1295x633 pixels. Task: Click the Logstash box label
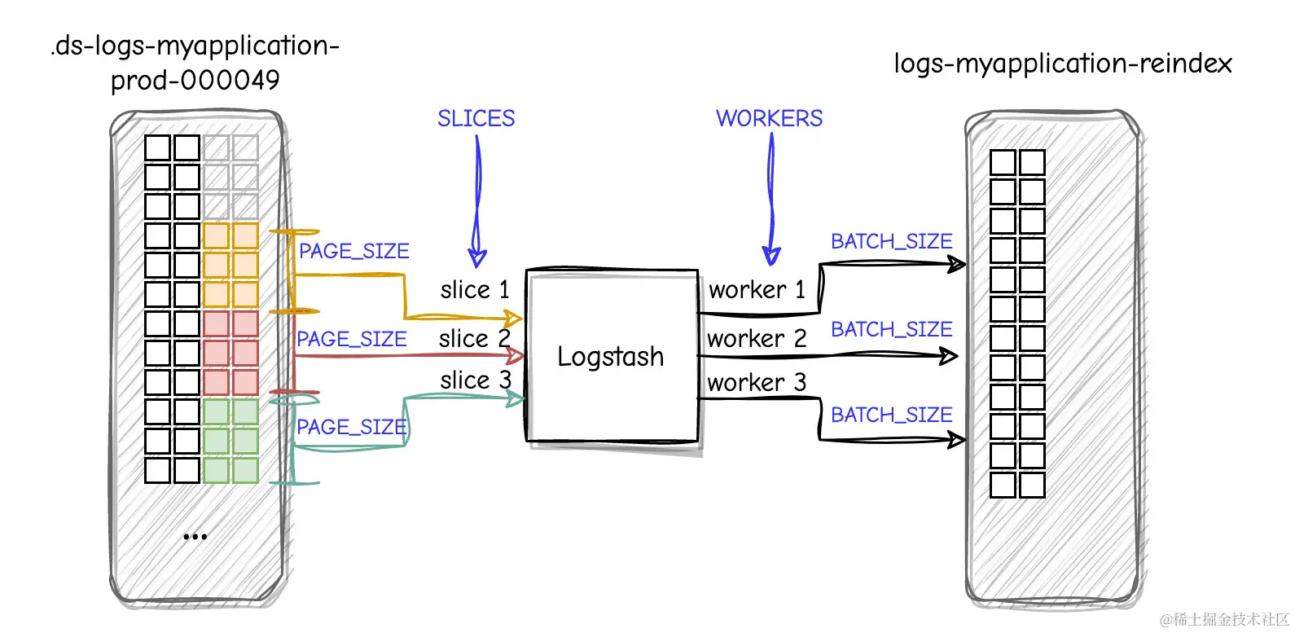coord(610,357)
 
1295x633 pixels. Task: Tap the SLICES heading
coord(476,119)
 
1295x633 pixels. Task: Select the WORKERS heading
coord(769,119)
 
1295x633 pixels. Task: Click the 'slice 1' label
coord(474,290)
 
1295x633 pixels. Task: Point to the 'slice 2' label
coord(474,338)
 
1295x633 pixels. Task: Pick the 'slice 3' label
coord(476,380)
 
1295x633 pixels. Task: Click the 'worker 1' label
coord(757,290)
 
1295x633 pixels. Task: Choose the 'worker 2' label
coord(757,339)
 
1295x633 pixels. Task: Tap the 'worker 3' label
coord(757,382)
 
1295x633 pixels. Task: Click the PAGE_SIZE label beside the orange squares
coord(353,252)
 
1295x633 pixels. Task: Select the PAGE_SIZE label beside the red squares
coord(351,339)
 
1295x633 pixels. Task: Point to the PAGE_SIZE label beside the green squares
coord(351,427)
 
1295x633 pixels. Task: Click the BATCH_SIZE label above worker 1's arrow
coord(891,242)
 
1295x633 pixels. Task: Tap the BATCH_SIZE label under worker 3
coord(891,415)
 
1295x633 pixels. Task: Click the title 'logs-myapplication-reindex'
coord(1062,64)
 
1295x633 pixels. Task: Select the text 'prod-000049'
coord(195,80)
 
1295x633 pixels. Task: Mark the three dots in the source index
coord(195,537)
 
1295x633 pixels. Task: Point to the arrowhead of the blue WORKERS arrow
coord(770,257)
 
